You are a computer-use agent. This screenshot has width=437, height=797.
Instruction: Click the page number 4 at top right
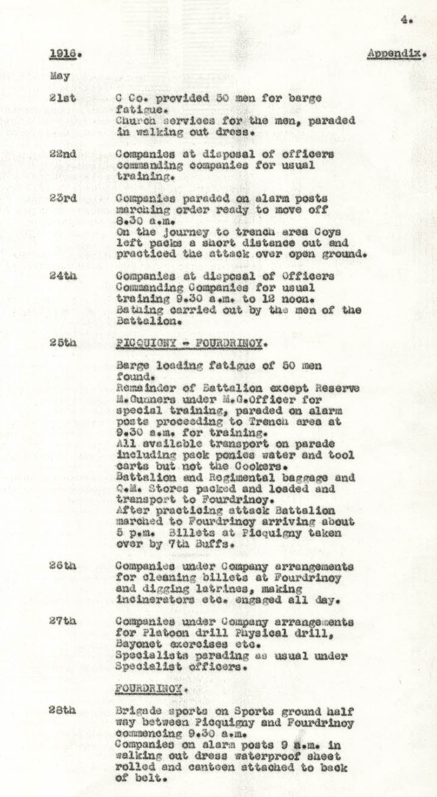tap(404, 20)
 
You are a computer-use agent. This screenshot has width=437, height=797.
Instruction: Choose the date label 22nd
tap(63, 154)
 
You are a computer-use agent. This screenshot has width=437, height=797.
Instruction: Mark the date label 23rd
tap(63, 198)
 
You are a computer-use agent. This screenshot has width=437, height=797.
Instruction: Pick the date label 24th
tap(63, 277)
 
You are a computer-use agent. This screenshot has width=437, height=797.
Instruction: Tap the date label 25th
tap(63, 343)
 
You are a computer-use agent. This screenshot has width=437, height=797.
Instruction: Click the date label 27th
tap(63, 622)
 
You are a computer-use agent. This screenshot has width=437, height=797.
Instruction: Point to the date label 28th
tap(63, 711)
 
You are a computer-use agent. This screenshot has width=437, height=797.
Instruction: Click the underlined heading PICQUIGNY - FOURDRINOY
tap(189, 343)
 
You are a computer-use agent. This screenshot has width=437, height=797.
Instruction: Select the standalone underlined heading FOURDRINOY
tap(151, 689)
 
